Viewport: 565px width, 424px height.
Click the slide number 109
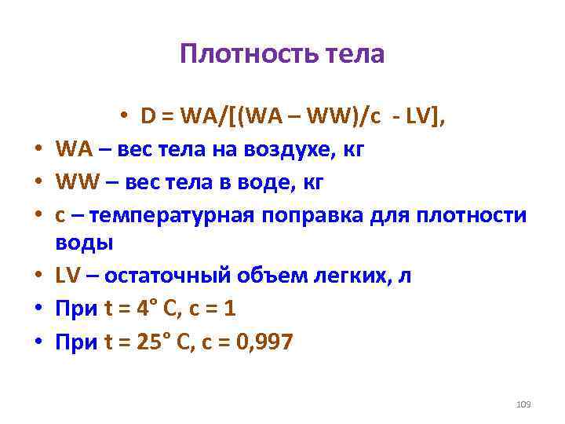tap(524, 404)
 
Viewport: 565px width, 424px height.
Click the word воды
tap(84, 243)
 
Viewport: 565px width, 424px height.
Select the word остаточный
tap(166, 276)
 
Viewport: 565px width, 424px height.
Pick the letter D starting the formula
tap(148, 116)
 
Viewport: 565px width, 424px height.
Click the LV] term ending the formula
tap(426, 116)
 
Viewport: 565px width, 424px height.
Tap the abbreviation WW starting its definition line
tap(72, 183)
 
